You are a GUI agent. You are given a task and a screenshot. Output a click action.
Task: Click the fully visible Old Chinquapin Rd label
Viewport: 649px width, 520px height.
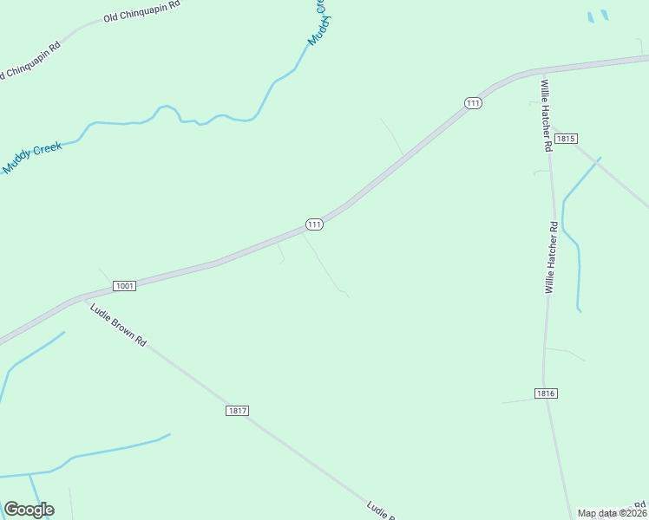tap(141, 11)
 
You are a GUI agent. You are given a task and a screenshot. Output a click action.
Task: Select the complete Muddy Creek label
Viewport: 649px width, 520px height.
tap(33, 158)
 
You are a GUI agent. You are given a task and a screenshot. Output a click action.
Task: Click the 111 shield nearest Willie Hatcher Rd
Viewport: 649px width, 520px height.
tap(473, 103)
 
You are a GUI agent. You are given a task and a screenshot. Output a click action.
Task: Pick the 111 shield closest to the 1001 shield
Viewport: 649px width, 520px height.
tap(314, 224)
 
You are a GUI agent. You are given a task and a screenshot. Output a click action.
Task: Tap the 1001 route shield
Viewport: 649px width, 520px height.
tap(124, 285)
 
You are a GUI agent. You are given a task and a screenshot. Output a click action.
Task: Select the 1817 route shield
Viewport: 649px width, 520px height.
tap(237, 410)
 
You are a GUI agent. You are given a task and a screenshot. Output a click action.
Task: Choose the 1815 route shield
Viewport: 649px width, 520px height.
tap(566, 139)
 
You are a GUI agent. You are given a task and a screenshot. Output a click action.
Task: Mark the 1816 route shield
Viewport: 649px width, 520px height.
tap(545, 393)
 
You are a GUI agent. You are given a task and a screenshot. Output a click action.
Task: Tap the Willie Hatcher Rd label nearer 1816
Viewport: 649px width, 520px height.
tap(551, 257)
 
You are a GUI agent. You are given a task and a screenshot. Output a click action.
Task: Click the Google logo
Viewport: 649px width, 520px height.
tap(29, 510)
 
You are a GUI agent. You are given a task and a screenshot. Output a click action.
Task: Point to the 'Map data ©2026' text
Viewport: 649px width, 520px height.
tap(611, 513)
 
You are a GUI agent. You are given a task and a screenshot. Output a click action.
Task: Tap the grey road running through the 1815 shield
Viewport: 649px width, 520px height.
tap(607, 173)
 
